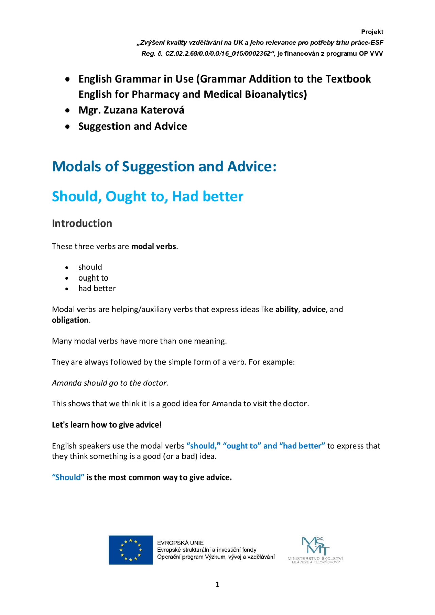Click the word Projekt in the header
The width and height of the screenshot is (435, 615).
tap(372, 32)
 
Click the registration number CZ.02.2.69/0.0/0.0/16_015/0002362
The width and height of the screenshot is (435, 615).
tap(218, 54)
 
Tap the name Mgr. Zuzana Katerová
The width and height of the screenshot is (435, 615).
tap(131, 110)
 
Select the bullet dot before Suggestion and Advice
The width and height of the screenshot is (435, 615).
tap(68, 127)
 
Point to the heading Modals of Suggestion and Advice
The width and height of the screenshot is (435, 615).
tap(164, 167)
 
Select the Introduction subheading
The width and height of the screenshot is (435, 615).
tap(82, 223)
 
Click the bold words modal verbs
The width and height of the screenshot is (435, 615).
tap(154, 247)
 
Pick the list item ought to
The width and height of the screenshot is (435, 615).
tap(93, 278)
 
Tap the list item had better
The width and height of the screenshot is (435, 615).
tap(97, 289)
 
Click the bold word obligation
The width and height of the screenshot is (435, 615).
tap(70, 320)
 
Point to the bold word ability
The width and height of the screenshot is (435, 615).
tap(286, 310)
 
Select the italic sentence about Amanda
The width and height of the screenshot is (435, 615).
tap(110, 383)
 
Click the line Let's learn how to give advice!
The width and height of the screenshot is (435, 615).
tap(107, 425)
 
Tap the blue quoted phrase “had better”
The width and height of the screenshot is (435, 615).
tap(302, 446)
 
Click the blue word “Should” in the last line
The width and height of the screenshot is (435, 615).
tap(68, 478)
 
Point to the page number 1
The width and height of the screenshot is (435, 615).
tap(217, 585)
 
